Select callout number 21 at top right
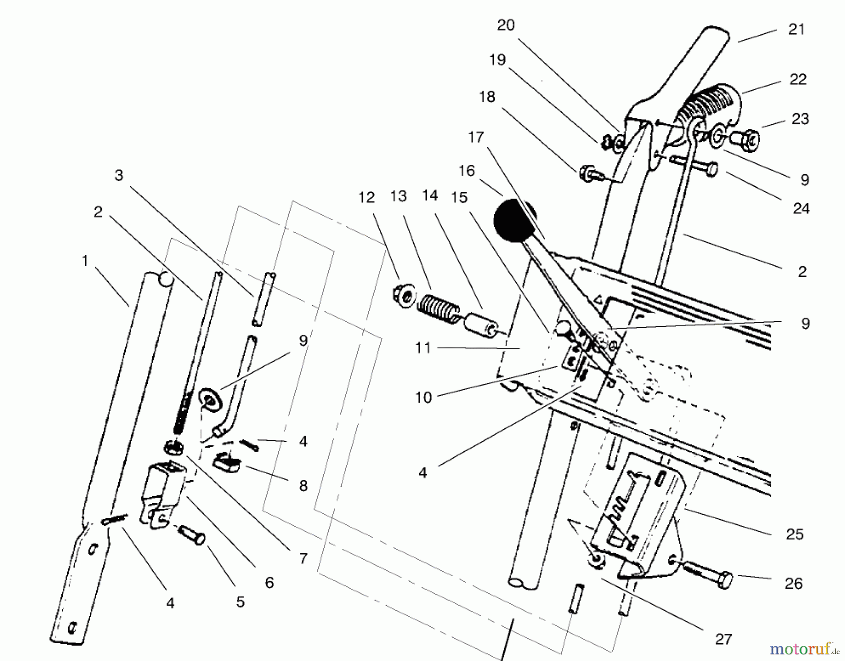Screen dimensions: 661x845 (x=796, y=30)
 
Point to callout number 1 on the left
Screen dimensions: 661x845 (x=85, y=261)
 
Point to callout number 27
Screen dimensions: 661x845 (x=723, y=639)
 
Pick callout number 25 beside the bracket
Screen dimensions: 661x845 (x=794, y=534)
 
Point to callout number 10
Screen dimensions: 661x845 (x=423, y=398)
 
